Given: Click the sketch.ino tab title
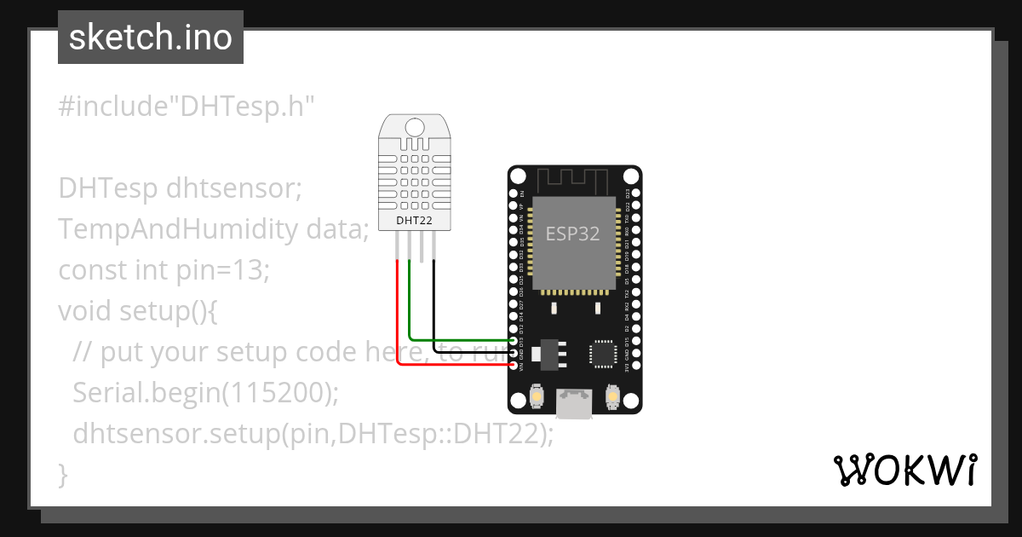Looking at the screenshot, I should click(x=150, y=38).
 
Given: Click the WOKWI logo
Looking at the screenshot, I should click(x=904, y=471).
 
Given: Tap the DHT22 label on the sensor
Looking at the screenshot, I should click(x=415, y=221).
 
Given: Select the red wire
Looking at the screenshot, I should click(x=398, y=315).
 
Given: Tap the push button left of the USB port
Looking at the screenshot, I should click(x=537, y=396).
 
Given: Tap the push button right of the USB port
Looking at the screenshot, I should click(x=611, y=396).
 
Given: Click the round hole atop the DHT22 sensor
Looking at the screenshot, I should click(x=415, y=128).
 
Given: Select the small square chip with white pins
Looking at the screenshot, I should click(x=603, y=354).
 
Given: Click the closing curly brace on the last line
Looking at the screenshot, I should click(x=62, y=474).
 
